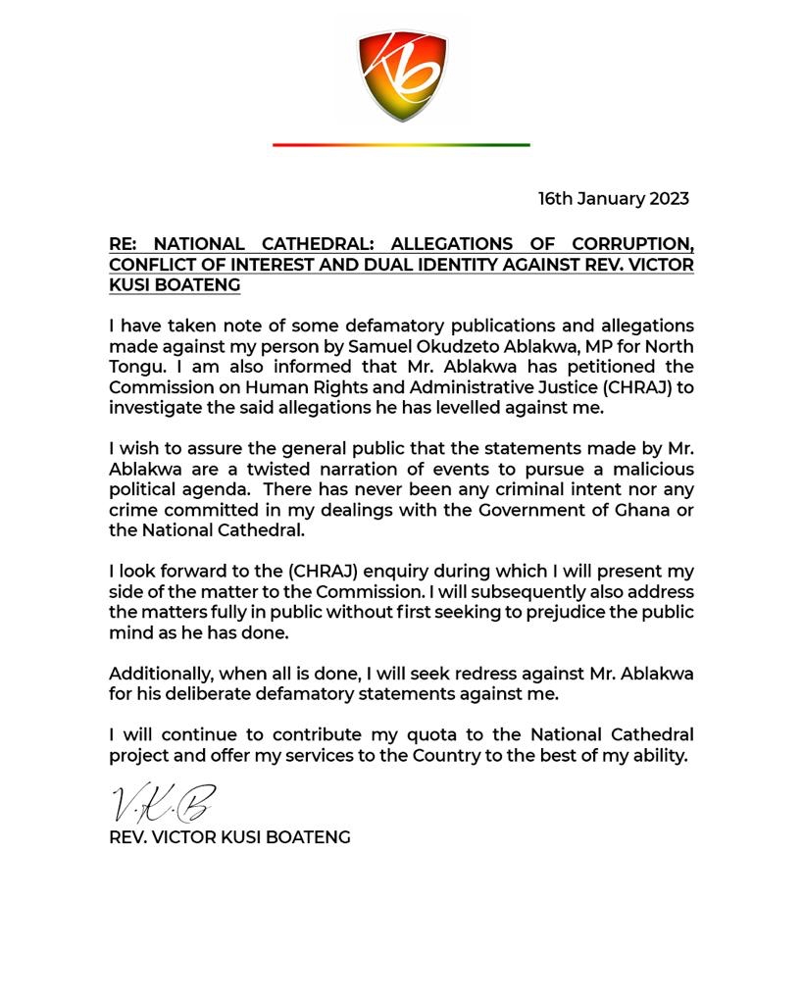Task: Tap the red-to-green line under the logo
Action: coord(401,145)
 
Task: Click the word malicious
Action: coord(648,469)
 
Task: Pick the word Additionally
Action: coord(160,674)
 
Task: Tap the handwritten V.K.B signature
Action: coord(162,803)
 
